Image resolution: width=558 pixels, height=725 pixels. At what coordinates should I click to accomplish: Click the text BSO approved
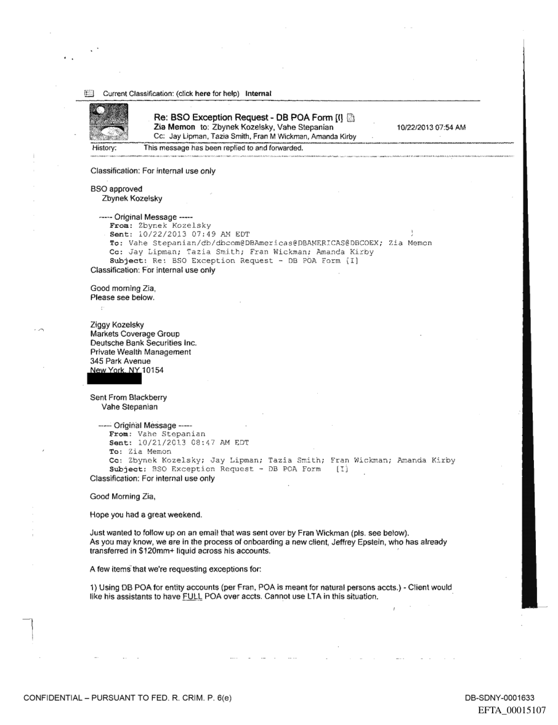pyautogui.click(x=116, y=188)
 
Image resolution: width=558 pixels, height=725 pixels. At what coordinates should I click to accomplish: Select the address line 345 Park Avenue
pyautogui.click(x=120, y=361)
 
